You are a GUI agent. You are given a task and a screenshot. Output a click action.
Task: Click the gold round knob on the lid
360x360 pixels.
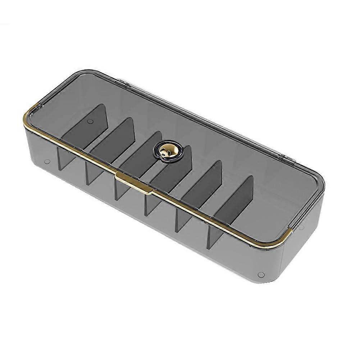168,150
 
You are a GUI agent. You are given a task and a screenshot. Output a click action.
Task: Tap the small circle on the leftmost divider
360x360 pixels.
90,122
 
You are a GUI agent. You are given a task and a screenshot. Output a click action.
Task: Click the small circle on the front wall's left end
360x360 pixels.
47,161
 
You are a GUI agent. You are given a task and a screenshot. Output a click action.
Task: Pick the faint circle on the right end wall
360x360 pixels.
301,227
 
